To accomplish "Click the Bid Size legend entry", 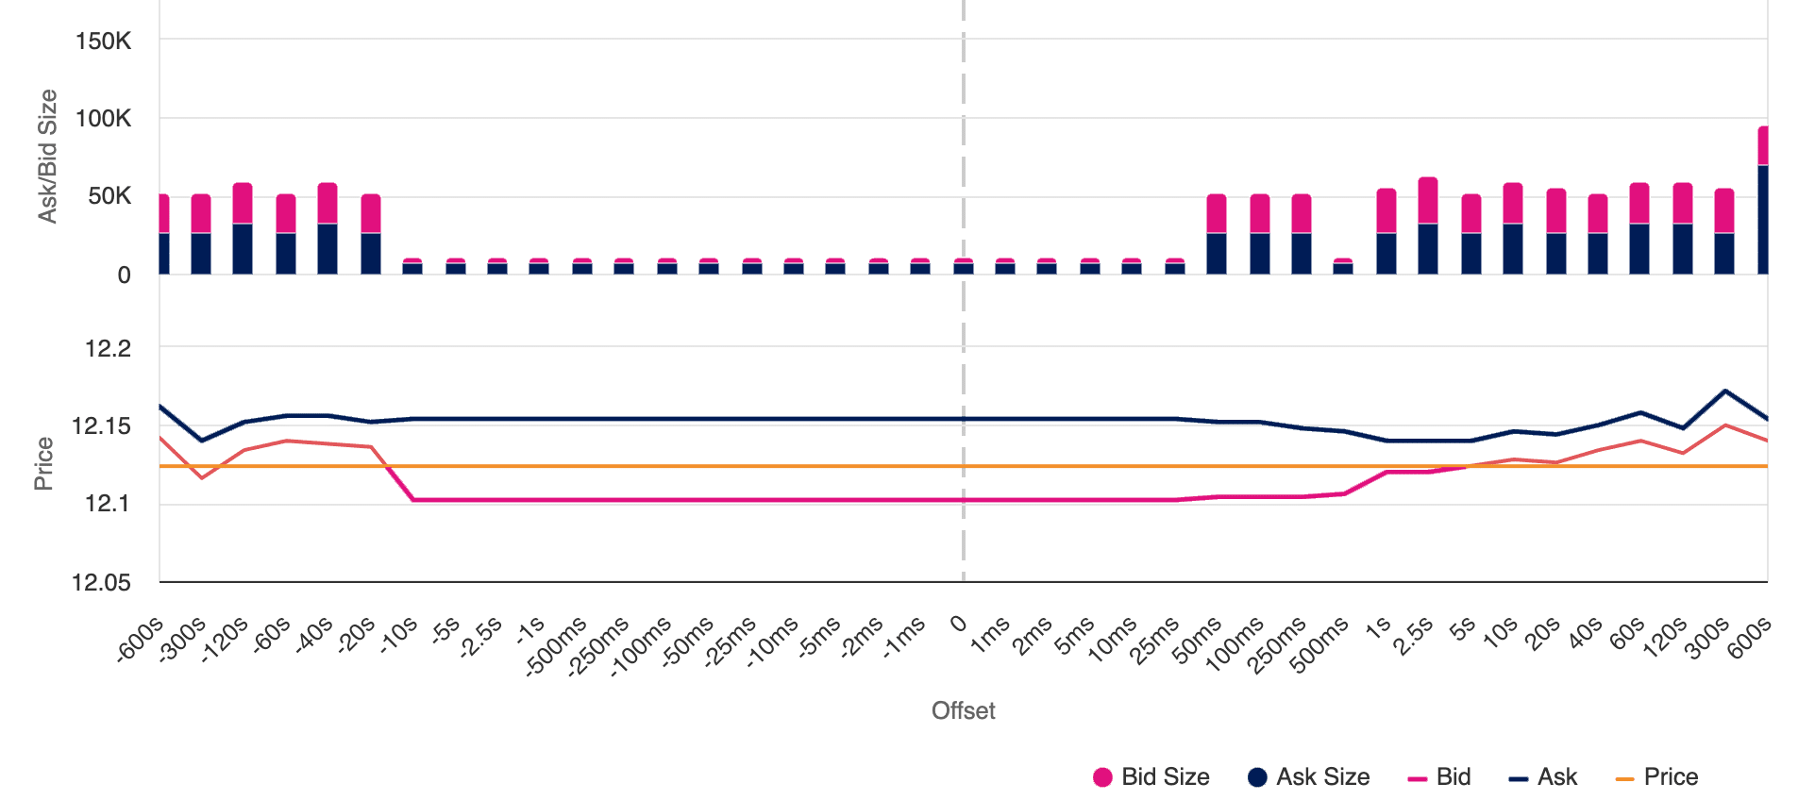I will click(x=1151, y=776).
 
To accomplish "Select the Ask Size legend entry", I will click(x=1309, y=776).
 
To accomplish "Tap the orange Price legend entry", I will click(x=1657, y=776).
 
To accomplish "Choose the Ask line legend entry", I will click(x=1543, y=776).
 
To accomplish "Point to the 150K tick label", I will click(x=103, y=41).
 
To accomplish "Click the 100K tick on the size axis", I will click(x=103, y=118).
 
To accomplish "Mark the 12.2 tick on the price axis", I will click(x=108, y=348).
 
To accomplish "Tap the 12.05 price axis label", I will click(x=101, y=582).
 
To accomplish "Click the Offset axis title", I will click(x=963, y=710).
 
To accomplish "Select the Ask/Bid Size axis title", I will click(x=47, y=156).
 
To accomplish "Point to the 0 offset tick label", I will click(x=958, y=624).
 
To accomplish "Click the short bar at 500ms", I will click(x=1342, y=266).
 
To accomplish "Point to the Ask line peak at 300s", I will click(x=1725, y=390).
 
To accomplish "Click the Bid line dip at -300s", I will click(x=202, y=477).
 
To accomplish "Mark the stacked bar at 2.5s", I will click(x=1428, y=226).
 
